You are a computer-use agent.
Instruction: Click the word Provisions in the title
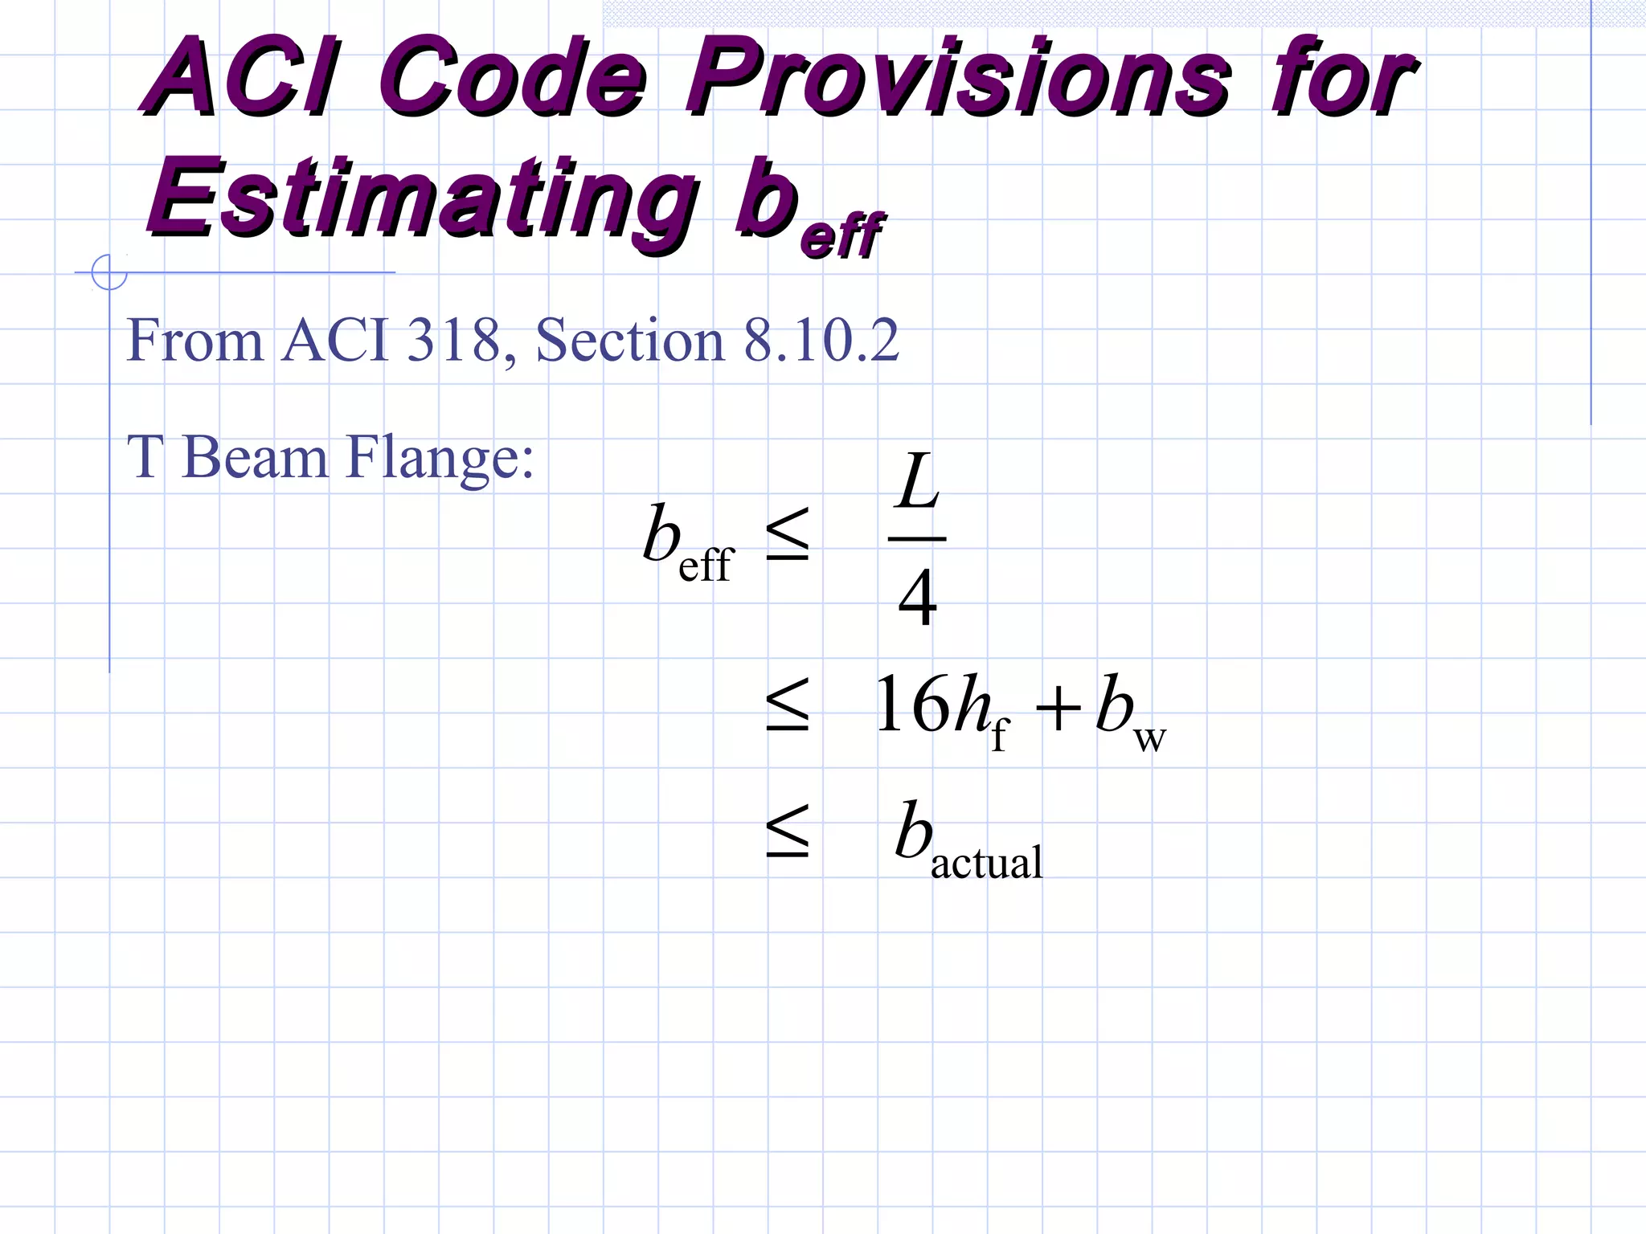tap(956, 79)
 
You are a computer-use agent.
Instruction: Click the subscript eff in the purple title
tap(841, 235)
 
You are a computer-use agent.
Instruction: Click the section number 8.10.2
tap(821, 341)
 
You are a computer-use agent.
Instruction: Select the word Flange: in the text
tap(440, 458)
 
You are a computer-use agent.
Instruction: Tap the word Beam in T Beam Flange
tap(255, 458)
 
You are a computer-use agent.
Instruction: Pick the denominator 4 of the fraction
tap(917, 598)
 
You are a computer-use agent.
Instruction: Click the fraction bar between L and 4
tap(917, 538)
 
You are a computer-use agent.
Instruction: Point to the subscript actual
tap(986, 864)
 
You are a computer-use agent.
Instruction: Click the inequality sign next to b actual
tap(788, 831)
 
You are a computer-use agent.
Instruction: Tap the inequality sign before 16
tap(788, 705)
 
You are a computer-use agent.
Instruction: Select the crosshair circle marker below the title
tap(109, 272)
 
